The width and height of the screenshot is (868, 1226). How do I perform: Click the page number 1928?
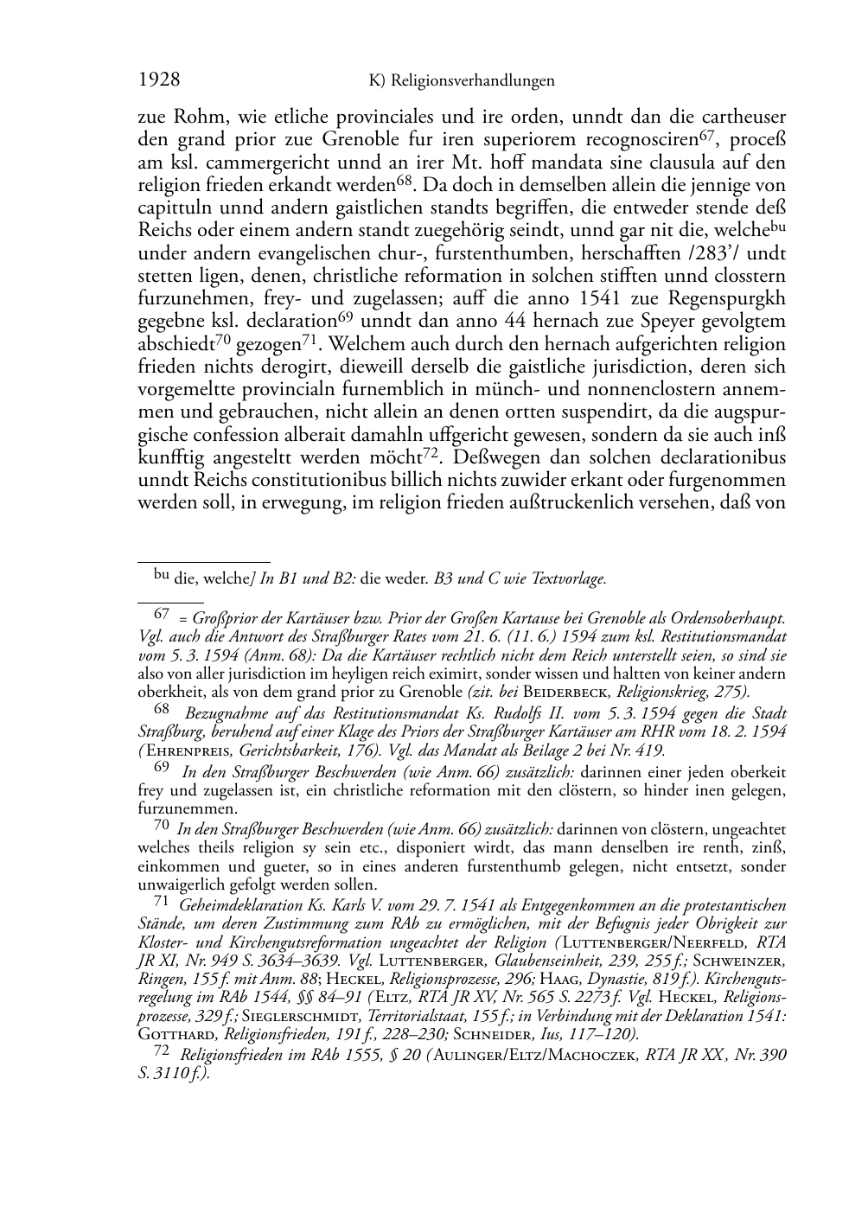click(159, 80)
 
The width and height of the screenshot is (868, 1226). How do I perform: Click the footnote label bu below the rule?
click(161, 574)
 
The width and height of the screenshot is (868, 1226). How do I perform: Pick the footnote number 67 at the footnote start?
click(161, 614)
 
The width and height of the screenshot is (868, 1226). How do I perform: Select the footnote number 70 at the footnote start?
click(161, 827)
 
